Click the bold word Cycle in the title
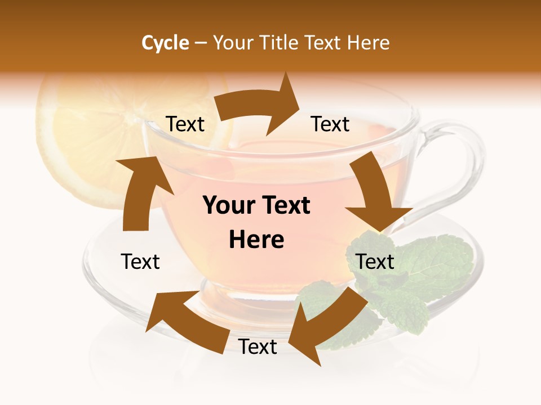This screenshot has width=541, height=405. click(165, 43)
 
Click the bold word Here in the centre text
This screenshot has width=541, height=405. click(256, 240)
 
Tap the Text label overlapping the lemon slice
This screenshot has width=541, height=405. click(185, 124)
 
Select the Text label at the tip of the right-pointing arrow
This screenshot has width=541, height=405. click(330, 124)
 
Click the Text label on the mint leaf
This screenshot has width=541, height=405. click(375, 262)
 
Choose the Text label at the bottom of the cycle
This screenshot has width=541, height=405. click(258, 346)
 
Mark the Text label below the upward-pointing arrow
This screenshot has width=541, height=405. click(140, 262)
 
